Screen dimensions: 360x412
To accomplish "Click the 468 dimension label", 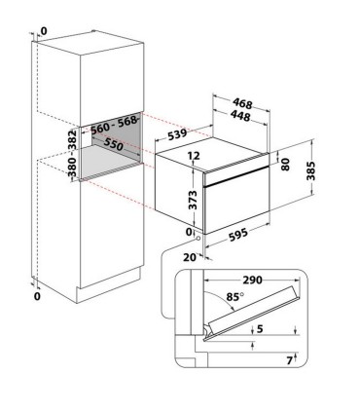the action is (x=242, y=104).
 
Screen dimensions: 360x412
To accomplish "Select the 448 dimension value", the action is (x=241, y=116).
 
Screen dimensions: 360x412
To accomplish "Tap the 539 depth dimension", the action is (x=177, y=134).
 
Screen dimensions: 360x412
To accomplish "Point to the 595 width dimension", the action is (x=238, y=235).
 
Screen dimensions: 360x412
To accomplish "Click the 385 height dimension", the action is (x=310, y=170).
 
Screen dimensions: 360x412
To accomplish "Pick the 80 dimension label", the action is (x=285, y=165).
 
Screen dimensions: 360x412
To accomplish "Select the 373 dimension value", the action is (x=193, y=200).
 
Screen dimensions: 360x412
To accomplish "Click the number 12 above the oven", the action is (x=194, y=156).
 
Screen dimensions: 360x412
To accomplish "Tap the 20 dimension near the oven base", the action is (x=190, y=257).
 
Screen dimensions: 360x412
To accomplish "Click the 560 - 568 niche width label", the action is (x=113, y=126).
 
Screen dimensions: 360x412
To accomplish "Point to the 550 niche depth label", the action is (x=114, y=144).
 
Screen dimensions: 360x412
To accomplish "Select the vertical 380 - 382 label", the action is (x=73, y=153).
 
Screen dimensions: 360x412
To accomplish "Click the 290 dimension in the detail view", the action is (x=252, y=280).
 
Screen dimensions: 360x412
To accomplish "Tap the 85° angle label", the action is (x=235, y=297).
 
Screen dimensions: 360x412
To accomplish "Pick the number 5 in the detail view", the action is (x=260, y=329).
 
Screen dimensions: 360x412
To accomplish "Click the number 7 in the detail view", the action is (x=290, y=360).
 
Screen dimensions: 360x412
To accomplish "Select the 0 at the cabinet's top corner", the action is (x=44, y=31).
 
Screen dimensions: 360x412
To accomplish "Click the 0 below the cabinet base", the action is (x=38, y=296).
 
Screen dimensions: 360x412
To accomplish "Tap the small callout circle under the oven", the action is (x=198, y=239).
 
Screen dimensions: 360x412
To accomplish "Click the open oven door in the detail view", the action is (x=252, y=314).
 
